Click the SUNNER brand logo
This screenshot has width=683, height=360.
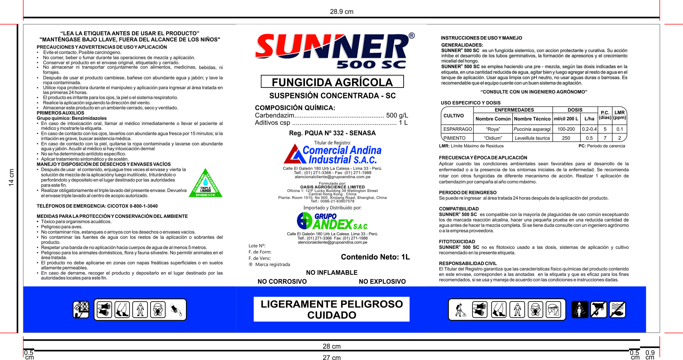pyautogui.click(x=331, y=48)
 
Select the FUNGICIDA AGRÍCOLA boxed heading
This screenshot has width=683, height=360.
pyautogui.click(x=332, y=82)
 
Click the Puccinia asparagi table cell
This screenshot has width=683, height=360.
pyautogui.click(x=532, y=129)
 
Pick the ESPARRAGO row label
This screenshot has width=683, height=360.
pyautogui.click(x=457, y=129)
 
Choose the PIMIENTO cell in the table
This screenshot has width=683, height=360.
pyautogui.click(x=455, y=138)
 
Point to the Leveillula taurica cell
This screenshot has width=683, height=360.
pyautogui.click(x=532, y=138)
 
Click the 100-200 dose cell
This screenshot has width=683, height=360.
pyautogui.click(x=566, y=129)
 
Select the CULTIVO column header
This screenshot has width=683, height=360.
pyautogui.click(x=454, y=116)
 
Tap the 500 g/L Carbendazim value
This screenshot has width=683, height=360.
pyautogui.click(x=397, y=115)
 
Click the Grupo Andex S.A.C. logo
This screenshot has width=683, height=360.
pyautogui.click(x=332, y=221)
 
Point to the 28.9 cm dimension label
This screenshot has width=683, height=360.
pyautogui.click(x=341, y=12)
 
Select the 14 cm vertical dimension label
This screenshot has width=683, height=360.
pyautogui.click(x=11, y=177)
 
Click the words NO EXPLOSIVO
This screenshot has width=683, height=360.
pyautogui.click(x=382, y=281)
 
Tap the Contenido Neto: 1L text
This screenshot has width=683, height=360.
pyautogui.click(x=375, y=257)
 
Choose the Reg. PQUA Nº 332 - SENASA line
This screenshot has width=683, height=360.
pyautogui.click(x=332, y=133)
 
